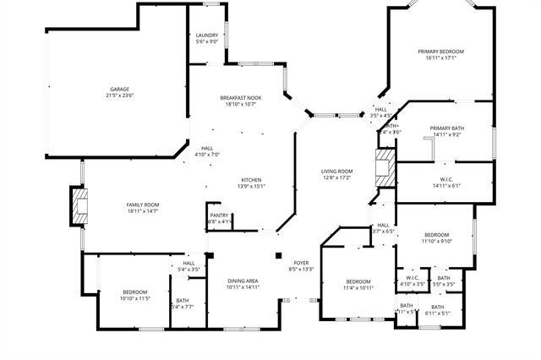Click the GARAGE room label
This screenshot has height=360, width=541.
(x=120, y=89)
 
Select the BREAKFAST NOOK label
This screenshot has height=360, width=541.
(x=241, y=98)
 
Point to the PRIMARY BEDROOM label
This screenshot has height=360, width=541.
(x=440, y=52)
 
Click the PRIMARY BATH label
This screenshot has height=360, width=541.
(x=446, y=128)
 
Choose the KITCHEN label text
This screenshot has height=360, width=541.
(x=251, y=180)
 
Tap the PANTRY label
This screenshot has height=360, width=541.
(x=220, y=215)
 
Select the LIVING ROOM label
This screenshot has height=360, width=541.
(x=336, y=172)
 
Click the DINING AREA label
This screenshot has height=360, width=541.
(x=243, y=281)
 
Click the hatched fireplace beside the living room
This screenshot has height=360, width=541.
(x=385, y=167)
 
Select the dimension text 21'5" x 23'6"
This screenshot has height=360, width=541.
(x=120, y=95)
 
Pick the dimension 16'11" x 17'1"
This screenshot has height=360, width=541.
(x=440, y=58)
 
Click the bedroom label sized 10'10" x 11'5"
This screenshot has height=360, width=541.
(x=134, y=292)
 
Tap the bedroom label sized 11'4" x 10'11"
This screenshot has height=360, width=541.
(x=358, y=281)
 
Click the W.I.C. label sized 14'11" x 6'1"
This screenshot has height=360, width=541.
(x=446, y=179)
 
